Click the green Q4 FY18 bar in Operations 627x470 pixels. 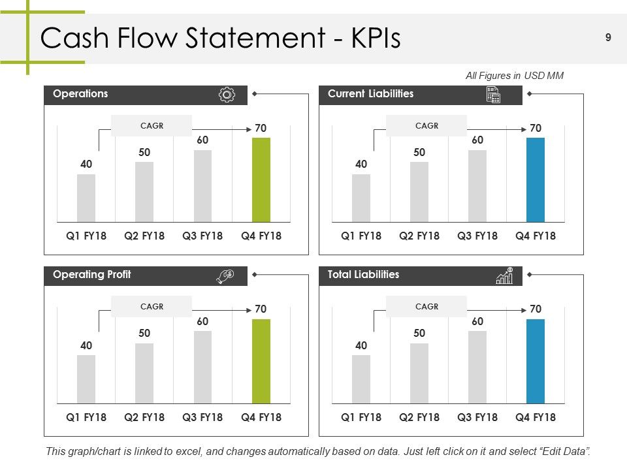coord(261,180)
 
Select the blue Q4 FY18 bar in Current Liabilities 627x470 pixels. coord(536,180)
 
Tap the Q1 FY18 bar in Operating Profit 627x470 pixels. coord(86,379)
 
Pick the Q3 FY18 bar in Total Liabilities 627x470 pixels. coord(477,368)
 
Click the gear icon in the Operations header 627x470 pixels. coord(227,95)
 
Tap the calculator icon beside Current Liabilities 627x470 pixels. coord(494,95)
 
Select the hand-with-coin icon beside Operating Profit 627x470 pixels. coord(225,275)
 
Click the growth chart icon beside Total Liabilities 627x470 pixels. coord(505,275)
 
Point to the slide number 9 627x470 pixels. coord(608,38)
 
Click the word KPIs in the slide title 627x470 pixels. coord(376,38)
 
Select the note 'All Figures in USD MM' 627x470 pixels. coord(515,76)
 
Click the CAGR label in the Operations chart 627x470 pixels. coord(152,126)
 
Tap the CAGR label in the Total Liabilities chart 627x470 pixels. coord(426,307)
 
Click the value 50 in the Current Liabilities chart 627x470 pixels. coord(419,152)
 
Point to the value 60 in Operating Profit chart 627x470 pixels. coord(202,321)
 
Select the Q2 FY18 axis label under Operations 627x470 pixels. coord(144,236)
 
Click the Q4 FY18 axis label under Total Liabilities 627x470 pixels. coord(536,417)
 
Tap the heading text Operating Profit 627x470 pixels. coord(92,275)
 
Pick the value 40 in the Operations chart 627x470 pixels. coord(86,164)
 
